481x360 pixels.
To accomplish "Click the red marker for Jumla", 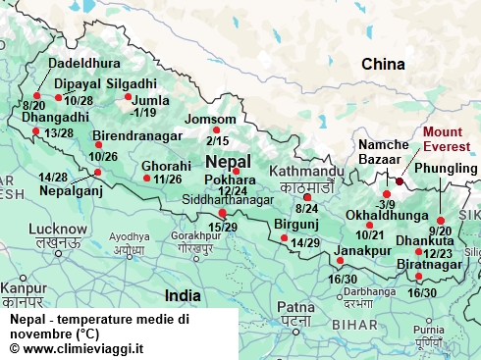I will point(128,96).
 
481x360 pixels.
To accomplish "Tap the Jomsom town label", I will point(211,120).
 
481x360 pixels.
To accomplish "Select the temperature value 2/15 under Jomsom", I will point(217,141).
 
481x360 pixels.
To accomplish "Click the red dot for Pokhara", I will point(236,171).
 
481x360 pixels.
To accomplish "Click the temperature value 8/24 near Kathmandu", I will point(307,209).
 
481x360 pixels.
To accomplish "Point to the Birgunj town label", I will point(296,225).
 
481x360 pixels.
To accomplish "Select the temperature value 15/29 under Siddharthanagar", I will point(223,228).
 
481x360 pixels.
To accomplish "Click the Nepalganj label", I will point(70,190).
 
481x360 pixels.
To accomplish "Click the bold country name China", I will point(383,65).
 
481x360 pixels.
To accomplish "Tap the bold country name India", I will point(184,294).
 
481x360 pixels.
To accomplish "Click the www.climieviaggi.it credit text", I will point(77,347).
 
